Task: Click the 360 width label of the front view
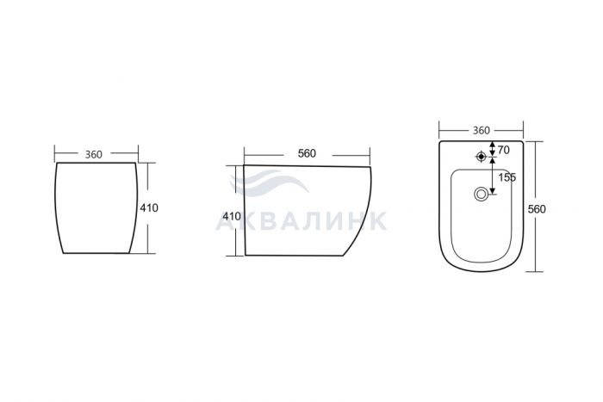pos(93,154)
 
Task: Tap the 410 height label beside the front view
pos(149,208)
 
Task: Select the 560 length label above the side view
pos(307,153)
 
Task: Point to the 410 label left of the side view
pos(232,216)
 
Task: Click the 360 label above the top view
pos(481,131)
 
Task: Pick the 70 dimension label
pos(503,151)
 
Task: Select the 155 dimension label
pos(507,177)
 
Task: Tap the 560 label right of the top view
pos(537,209)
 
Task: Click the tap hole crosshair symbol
pos(481,157)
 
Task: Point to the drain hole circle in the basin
pos(481,194)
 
